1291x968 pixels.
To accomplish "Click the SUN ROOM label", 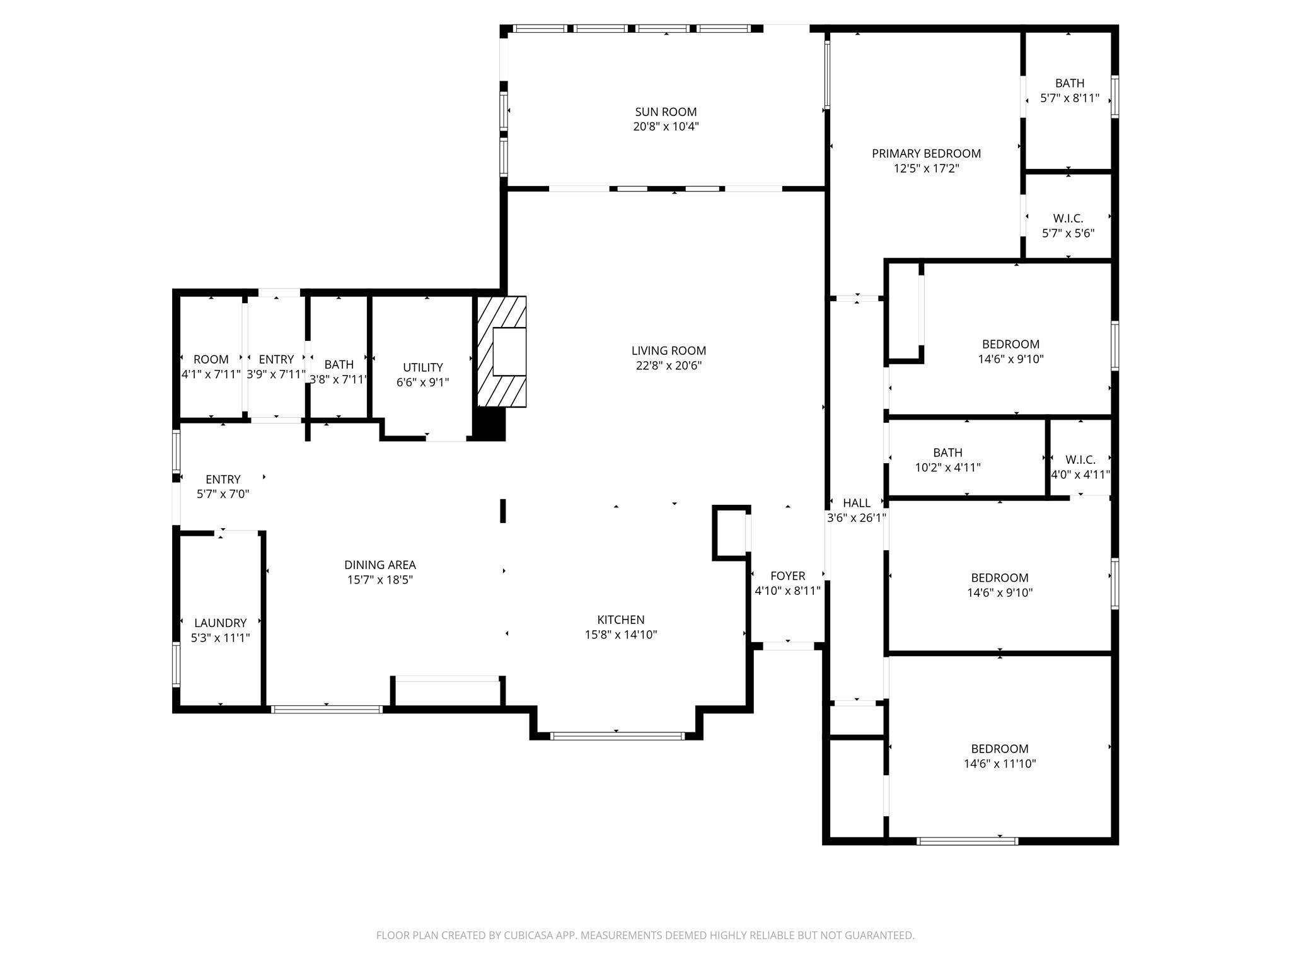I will [666, 112].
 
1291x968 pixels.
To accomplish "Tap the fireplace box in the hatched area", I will [509, 352].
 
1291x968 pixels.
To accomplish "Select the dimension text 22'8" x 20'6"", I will [668, 366].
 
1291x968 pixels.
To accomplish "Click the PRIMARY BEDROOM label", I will [926, 154].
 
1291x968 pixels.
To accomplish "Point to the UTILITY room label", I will [422, 367].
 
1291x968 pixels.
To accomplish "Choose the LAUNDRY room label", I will [220, 623].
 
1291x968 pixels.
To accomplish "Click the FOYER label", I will [787, 576].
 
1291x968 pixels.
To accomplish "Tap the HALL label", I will [856, 503].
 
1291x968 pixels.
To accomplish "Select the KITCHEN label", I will [621, 620].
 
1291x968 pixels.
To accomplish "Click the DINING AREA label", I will [379, 565].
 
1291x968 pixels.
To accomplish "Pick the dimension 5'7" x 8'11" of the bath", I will [1070, 98].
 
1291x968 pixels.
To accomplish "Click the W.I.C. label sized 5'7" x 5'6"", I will [1068, 219].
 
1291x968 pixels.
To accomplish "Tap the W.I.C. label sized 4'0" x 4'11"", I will [1080, 460].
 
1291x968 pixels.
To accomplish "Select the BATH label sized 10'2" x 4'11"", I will [947, 453].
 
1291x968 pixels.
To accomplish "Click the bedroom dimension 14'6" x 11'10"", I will [1000, 764].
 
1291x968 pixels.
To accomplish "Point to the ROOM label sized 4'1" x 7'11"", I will [211, 360].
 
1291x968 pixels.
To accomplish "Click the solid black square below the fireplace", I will [489, 423].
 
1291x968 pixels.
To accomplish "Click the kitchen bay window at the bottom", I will [617, 735].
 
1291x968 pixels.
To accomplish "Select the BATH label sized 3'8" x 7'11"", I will [339, 365].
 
